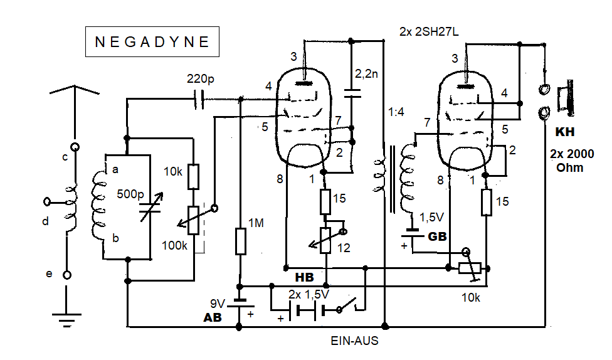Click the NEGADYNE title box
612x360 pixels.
click(152, 43)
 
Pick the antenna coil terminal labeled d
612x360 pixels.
click(48, 202)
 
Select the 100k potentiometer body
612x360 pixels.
click(194, 221)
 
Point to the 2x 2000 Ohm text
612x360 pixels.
click(571, 160)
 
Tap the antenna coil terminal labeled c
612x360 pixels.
click(75, 148)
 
